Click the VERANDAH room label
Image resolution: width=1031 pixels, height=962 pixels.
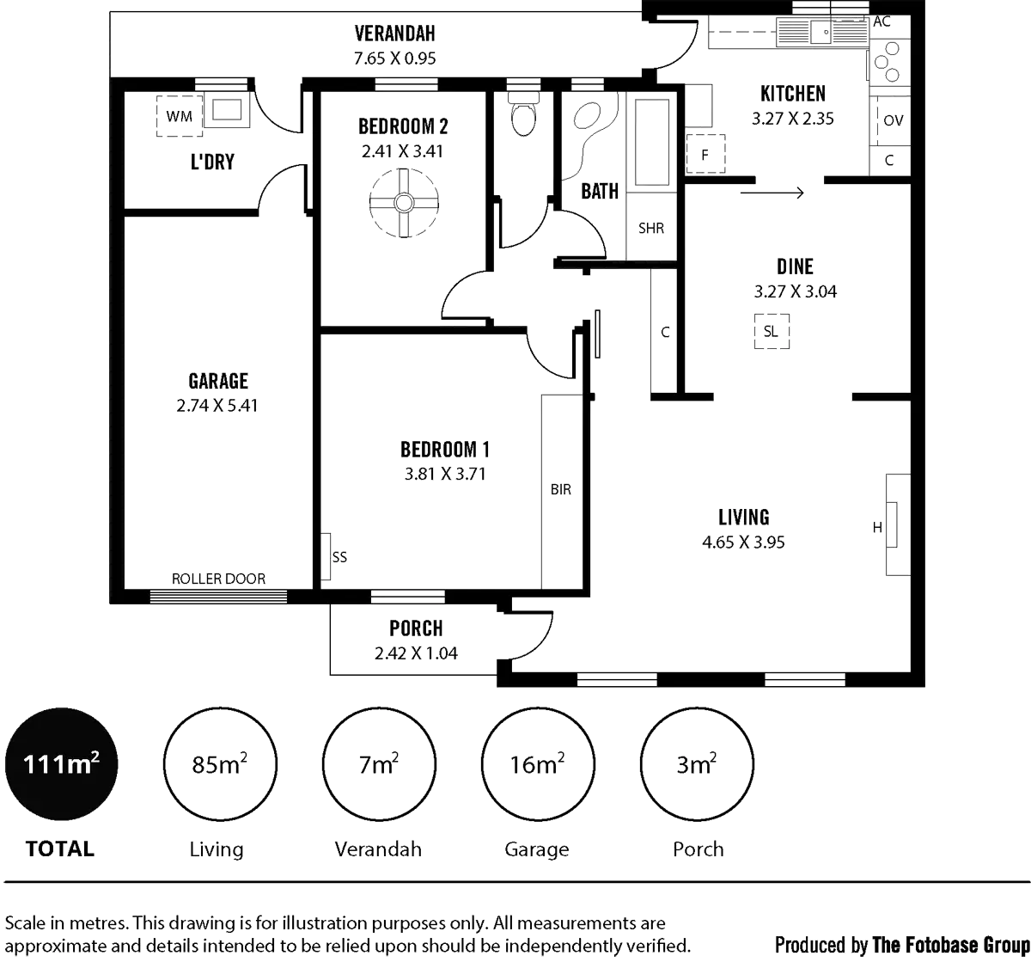tap(395, 34)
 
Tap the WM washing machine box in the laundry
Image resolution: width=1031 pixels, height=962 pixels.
tap(179, 115)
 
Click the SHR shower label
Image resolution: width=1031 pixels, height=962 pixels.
tap(652, 229)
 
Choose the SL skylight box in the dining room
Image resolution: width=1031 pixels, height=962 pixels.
tap(770, 330)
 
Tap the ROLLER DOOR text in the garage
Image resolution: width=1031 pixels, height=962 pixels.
tap(219, 579)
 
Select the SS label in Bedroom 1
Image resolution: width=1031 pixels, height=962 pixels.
tap(339, 557)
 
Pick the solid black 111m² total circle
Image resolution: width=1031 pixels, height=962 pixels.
tap(60, 764)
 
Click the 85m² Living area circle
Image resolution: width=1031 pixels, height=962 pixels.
tap(221, 764)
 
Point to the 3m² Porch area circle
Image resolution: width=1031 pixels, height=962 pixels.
tap(698, 764)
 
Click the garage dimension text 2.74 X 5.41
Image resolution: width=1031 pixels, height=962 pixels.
tap(218, 405)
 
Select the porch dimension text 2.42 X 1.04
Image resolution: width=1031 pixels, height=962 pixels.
tap(416, 653)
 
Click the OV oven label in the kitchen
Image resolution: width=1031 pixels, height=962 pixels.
tap(894, 121)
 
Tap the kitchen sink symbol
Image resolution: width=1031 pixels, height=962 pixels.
tap(821, 34)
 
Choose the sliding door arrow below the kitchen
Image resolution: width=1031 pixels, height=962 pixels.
tap(771, 193)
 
